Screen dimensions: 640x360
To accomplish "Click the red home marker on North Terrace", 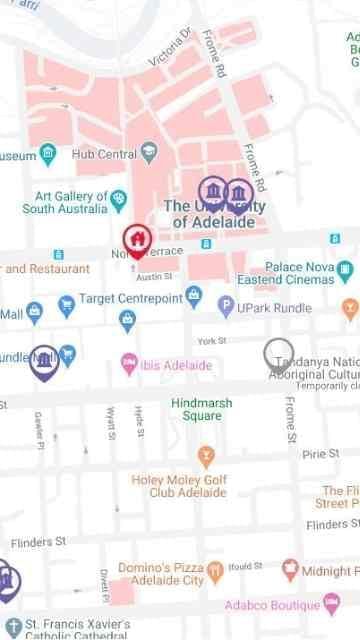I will [x=137, y=240].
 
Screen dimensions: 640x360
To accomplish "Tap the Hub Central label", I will [x=103, y=155].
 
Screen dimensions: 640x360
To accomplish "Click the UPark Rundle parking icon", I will [x=226, y=308].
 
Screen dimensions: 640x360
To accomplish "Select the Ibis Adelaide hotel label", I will [x=176, y=366].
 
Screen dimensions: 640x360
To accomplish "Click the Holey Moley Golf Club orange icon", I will [x=207, y=457].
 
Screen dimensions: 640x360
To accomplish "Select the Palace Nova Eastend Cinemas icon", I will [x=345, y=270].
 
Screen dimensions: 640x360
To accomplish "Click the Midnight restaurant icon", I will [x=290, y=569].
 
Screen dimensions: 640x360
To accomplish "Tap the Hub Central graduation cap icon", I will [x=149, y=153].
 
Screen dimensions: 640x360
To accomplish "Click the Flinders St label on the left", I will [x=38, y=542].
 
